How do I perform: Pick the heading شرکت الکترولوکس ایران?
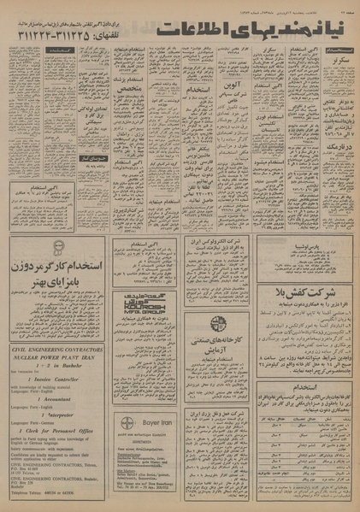point(217,243)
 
